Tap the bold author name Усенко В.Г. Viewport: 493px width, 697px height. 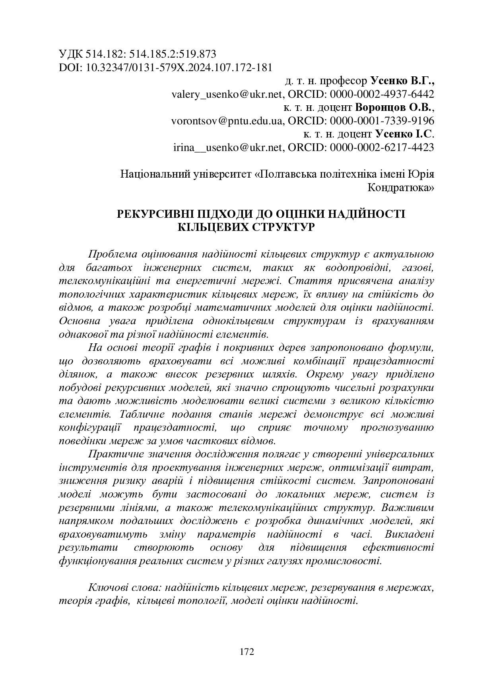click(x=402, y=81)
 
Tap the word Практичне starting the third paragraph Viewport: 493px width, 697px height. click(x=115, y=454)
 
